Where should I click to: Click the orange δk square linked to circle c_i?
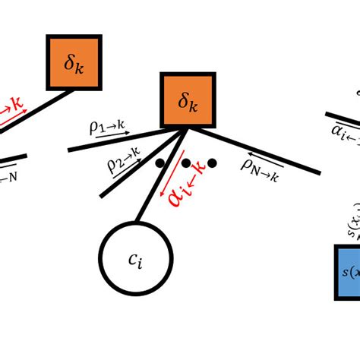tap(188, 100)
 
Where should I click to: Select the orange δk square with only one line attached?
tap(74, 62)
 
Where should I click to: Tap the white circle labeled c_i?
tap(136, 259)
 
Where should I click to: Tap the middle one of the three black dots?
tap(186, 163)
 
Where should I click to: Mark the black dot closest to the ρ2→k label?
tap(160, 163)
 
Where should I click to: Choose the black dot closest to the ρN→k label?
tap(212, 163)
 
